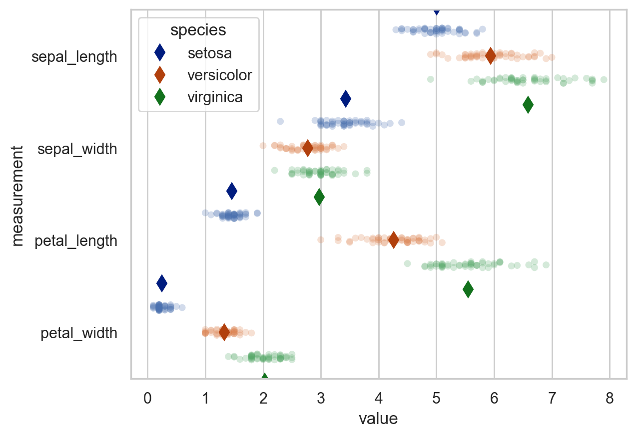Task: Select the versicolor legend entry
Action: (x=219, y=75)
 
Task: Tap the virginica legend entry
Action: (x=215, y=97)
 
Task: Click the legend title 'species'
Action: (x=198, y=30)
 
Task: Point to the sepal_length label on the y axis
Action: (x=74, y=57)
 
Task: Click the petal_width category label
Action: (x=79, y=333)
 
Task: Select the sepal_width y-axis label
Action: (x=77, y=149)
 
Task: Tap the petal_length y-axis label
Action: (x=76, y=241)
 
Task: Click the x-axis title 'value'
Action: (x=378, y=419)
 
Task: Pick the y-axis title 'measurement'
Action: (x=18, y=195)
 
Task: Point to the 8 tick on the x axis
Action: (x=610, y=399)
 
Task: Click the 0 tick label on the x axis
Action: (x=147, y=399)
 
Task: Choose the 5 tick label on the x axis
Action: (x=437, y=399)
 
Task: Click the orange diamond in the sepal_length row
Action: (x=491, y=56)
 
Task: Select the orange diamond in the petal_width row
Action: (x=224, y=332)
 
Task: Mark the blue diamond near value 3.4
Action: (x=346, y=99)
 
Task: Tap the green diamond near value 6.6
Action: (x=528, y=104)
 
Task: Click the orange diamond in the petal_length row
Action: (x=394, y=239)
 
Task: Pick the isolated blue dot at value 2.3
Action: (x=280, y=121)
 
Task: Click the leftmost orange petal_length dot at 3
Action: (x=321, y=239)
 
